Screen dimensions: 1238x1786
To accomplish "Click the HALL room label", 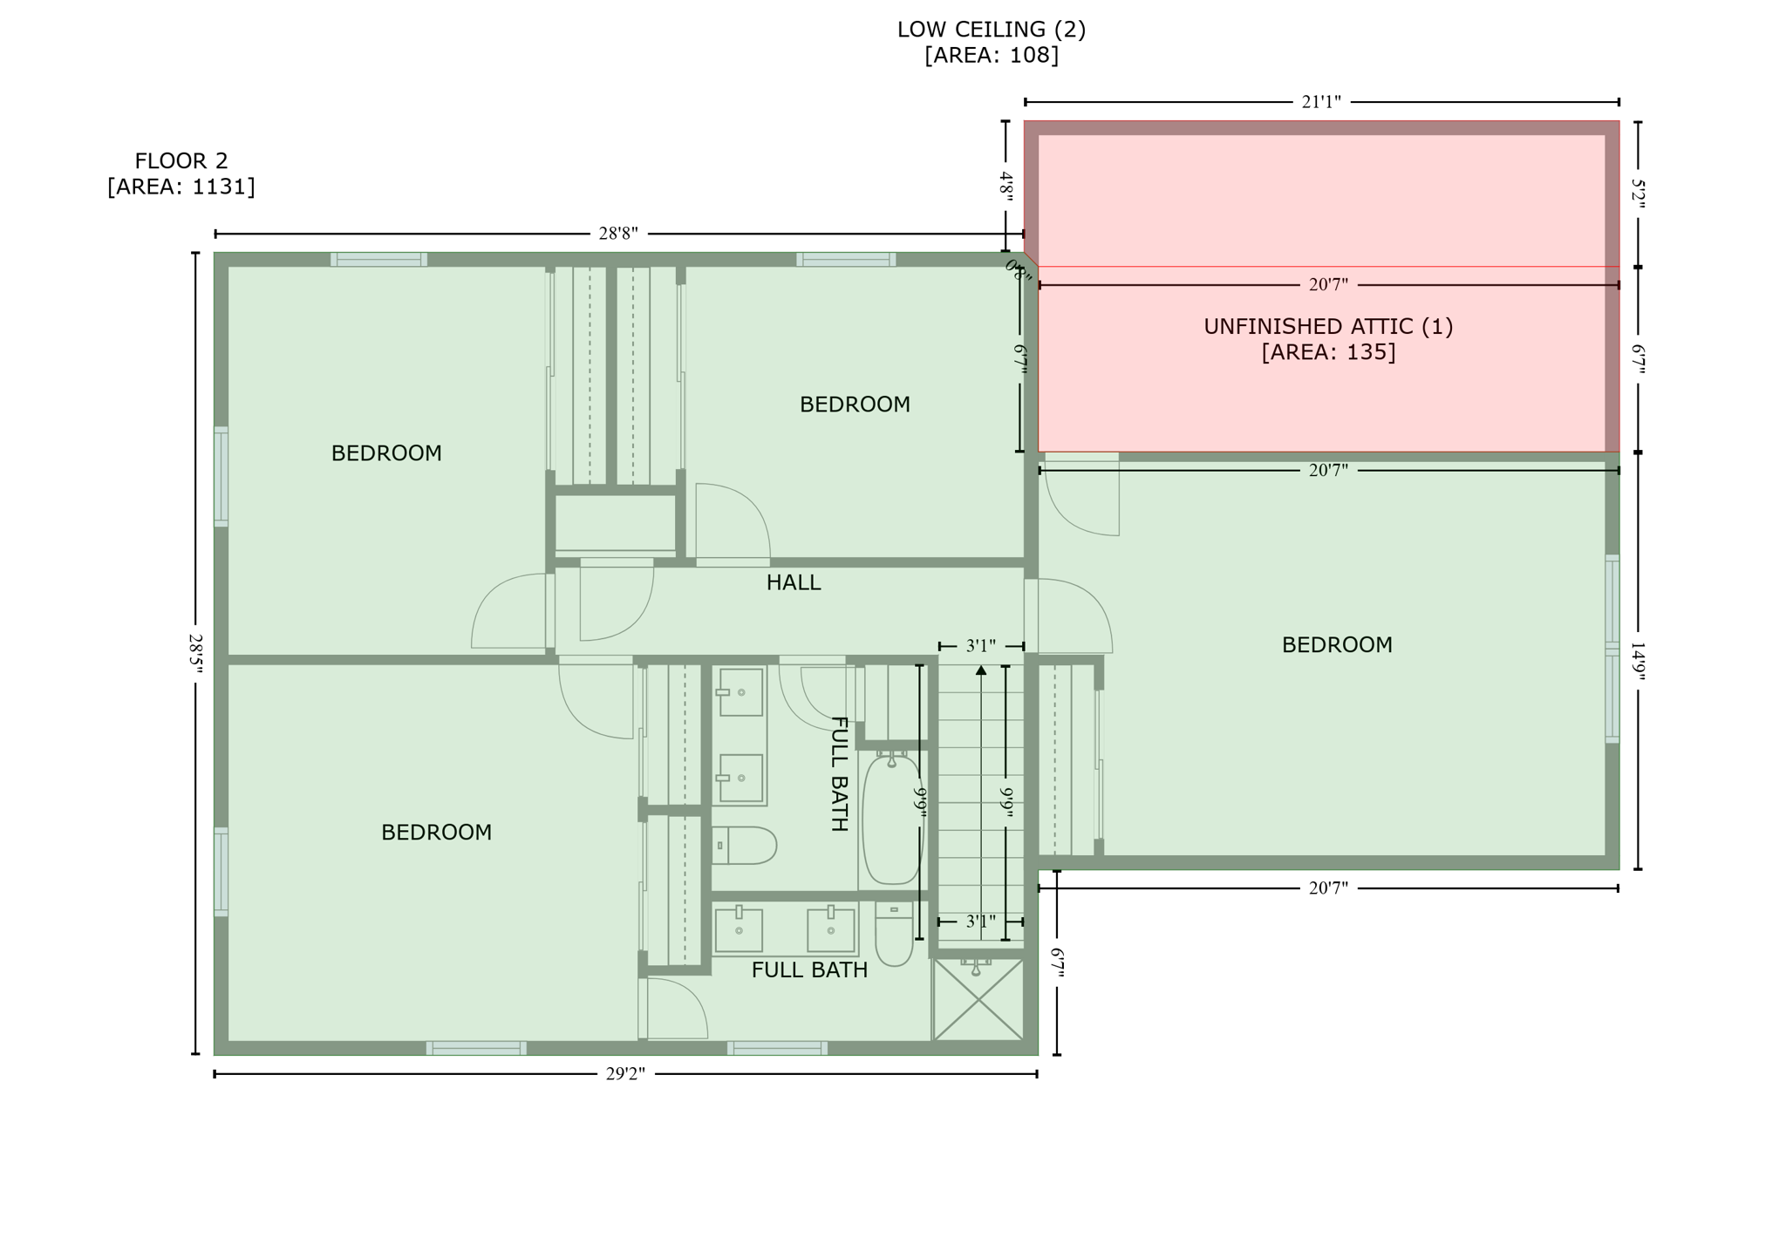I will click(793, 582).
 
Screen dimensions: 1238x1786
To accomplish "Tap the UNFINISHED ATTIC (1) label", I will click(1327, 326).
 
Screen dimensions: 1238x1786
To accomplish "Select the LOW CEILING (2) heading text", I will click(991, 30).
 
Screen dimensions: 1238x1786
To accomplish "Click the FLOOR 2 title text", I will click(181, 160).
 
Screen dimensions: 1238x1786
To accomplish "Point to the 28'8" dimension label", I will click(617, 234).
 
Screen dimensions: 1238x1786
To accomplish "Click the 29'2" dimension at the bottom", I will click(624, 1074).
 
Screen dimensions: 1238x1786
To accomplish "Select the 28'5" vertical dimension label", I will click(195, 654).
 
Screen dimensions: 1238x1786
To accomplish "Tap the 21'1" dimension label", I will click(1320, 102).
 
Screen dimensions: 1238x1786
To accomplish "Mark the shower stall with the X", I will click(978, 999).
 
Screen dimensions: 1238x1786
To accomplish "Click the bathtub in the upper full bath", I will click(891, 820).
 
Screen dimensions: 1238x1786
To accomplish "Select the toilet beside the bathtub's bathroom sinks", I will click(744, 846).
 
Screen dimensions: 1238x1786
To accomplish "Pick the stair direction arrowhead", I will click(981, 670).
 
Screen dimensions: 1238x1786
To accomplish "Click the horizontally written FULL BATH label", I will click(808, 970).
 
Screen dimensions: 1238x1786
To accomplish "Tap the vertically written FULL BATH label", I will click(838, 773).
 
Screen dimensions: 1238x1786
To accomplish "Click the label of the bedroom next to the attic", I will click(1336, 645).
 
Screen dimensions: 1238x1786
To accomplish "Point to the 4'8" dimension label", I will click(1005, 187).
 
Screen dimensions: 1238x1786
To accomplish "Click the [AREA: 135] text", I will click(1327, 352).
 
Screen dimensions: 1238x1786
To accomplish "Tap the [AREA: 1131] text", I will click(181, 187).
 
